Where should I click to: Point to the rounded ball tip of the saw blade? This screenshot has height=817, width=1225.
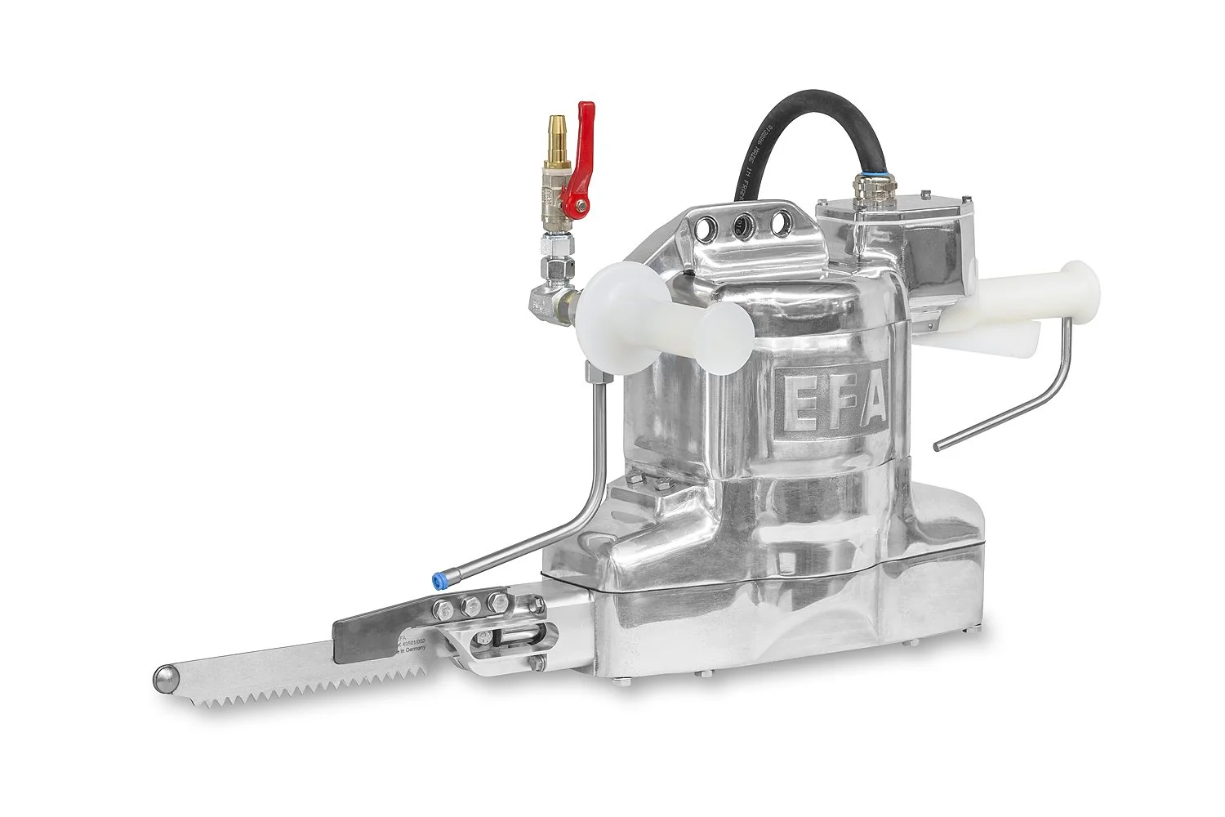166,676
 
